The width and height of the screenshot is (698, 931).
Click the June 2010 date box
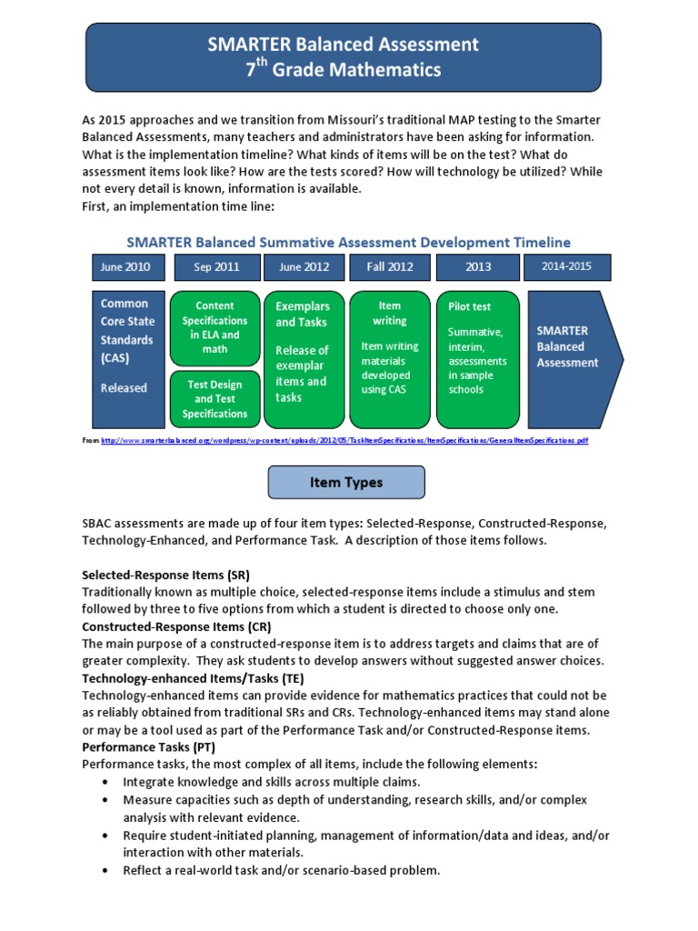pyautogui.click(x=127, y=267)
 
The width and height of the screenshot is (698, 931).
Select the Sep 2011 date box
pyautogui.click(x=215, y=267)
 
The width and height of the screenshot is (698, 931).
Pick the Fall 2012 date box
pyautogui.click(x=390, y=267)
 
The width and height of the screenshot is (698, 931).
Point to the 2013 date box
pyautogui.click(x=478, y=267)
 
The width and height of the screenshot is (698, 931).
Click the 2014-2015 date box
pyautogui.click(x=567, y=267)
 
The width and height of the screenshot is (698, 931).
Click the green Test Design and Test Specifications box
pyautogui.click(x=214, y=399)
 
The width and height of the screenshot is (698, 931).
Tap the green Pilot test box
pyautogui.click(x=478, y=359)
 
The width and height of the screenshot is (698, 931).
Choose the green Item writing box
pyautogui.click(x=390, y=359)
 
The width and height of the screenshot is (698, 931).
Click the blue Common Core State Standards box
pyautogui.click(x=127, y=359)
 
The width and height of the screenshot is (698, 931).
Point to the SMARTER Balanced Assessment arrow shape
pyautogui.click(x=573, y=359)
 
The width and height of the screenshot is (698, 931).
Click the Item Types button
pyautogui.click(x=346, y=483)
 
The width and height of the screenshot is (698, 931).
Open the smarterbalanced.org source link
pyautogui.click(x=344, y=440)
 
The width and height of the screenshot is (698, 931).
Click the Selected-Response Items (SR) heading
pyautogui.click(x=165, y=576)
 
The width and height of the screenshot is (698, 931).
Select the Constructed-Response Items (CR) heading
pyautogui.click(x=176, y=627)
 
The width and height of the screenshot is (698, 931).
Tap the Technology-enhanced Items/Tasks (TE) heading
pyautogui.click(x=193, y=678)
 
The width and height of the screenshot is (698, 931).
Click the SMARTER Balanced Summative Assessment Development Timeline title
pyautogui.click(x=348, y=242)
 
